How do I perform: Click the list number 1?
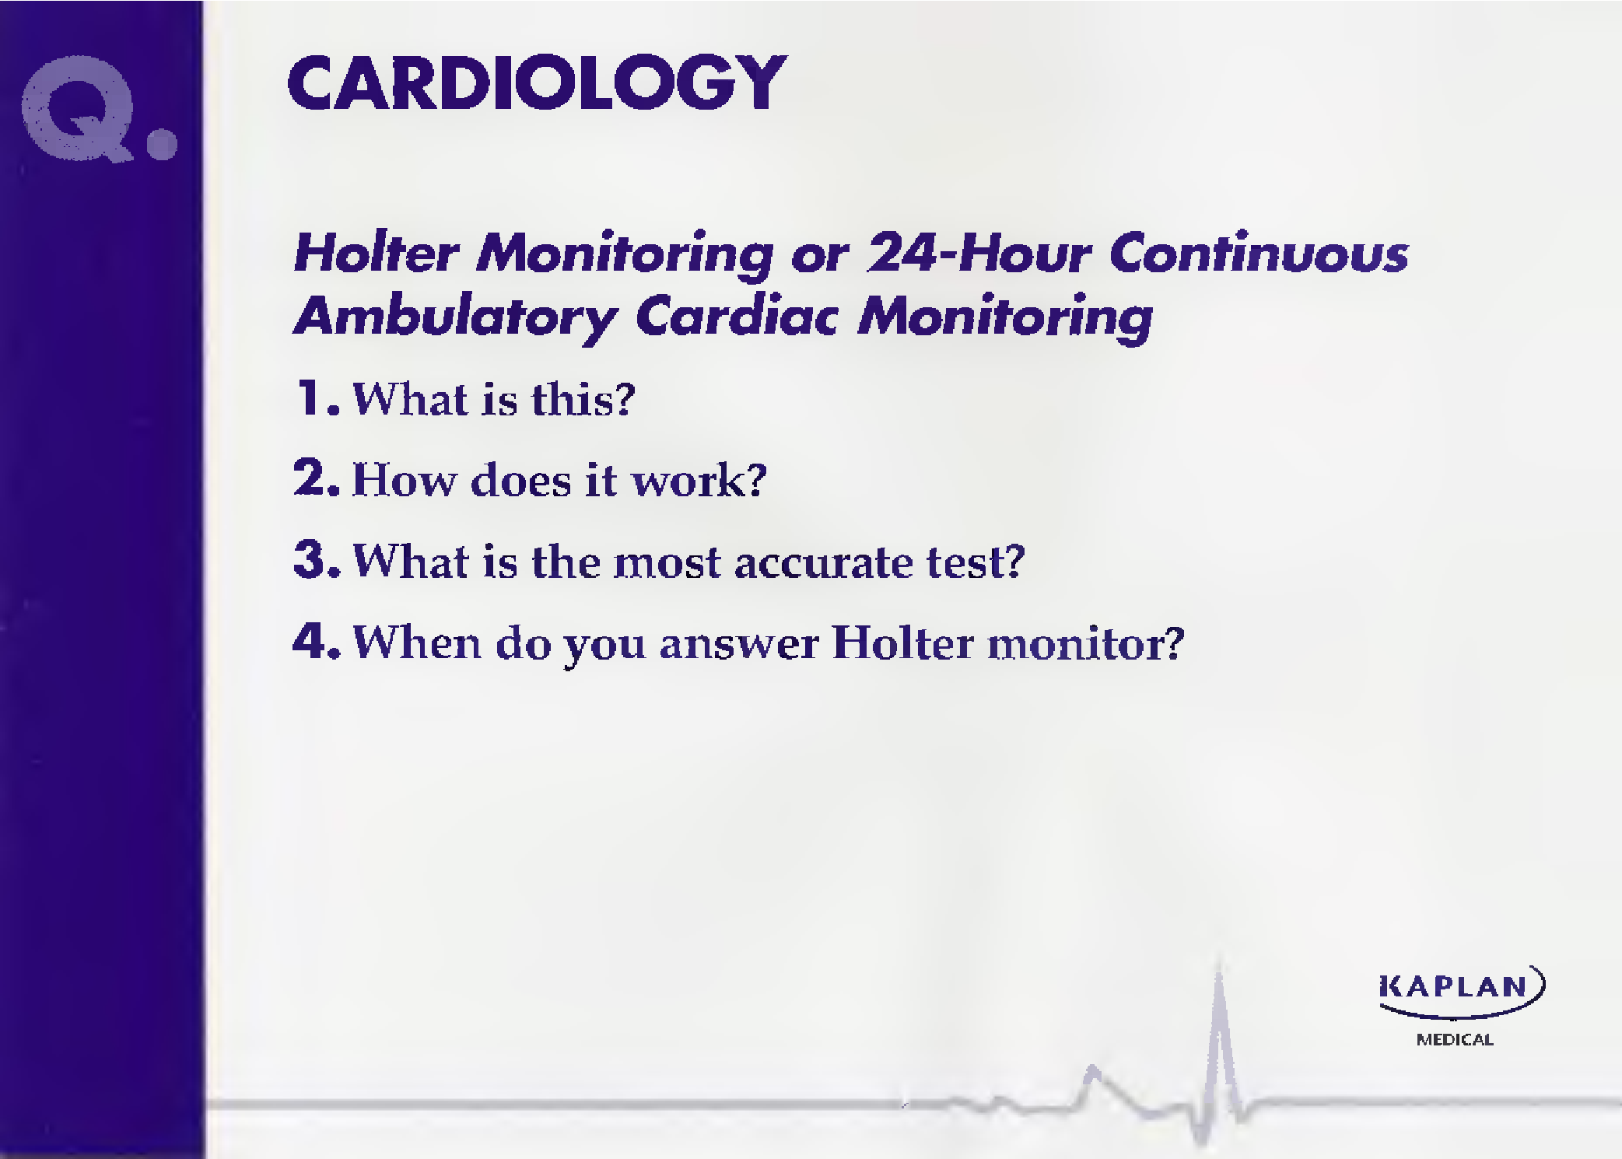tap(311, 397)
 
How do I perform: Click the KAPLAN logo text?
tap(1454, 987)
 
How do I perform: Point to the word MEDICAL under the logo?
tap(1455, 1040)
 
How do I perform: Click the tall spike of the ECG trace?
tap(1219, 1042)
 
